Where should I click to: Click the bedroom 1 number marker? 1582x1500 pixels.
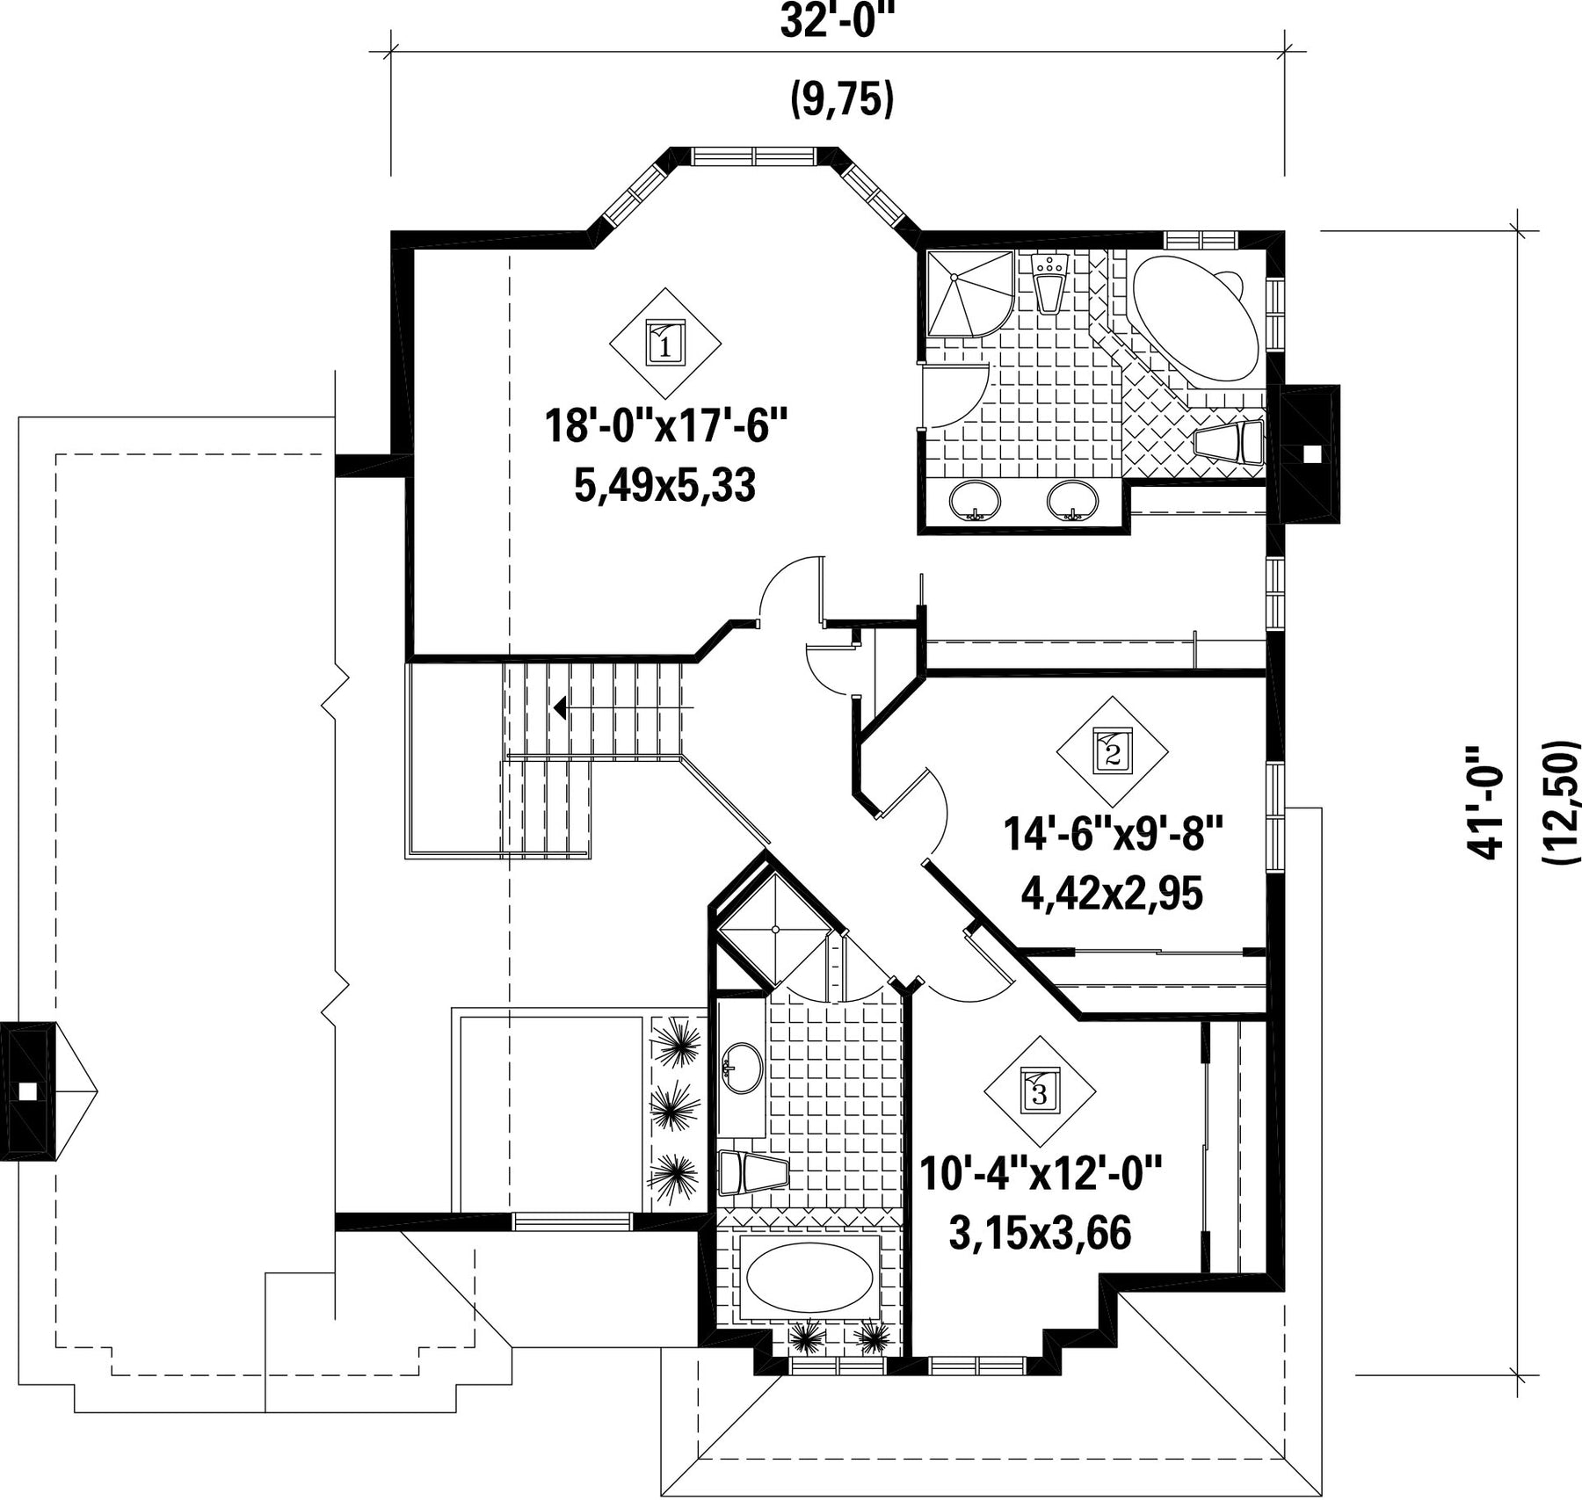point(665,343)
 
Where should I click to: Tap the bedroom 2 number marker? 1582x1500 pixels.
point(1112,752)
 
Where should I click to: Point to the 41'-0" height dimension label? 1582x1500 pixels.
point(1485,801)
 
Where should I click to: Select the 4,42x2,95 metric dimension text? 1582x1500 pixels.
point(1111,895)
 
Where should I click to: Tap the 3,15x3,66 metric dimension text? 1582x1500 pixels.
point(1039,1234)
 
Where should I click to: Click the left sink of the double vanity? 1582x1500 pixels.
point(975,502)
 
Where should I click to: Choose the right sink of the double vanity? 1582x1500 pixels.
point(1072,502)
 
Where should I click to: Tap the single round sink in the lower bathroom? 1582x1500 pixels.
point(742,1069)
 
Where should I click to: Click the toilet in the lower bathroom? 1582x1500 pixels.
point(754,1172)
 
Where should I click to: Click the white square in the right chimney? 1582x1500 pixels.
point(1311,453)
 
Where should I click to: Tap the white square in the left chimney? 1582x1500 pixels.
point(28,1091)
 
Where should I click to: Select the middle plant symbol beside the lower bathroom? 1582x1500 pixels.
point(675,1108)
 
